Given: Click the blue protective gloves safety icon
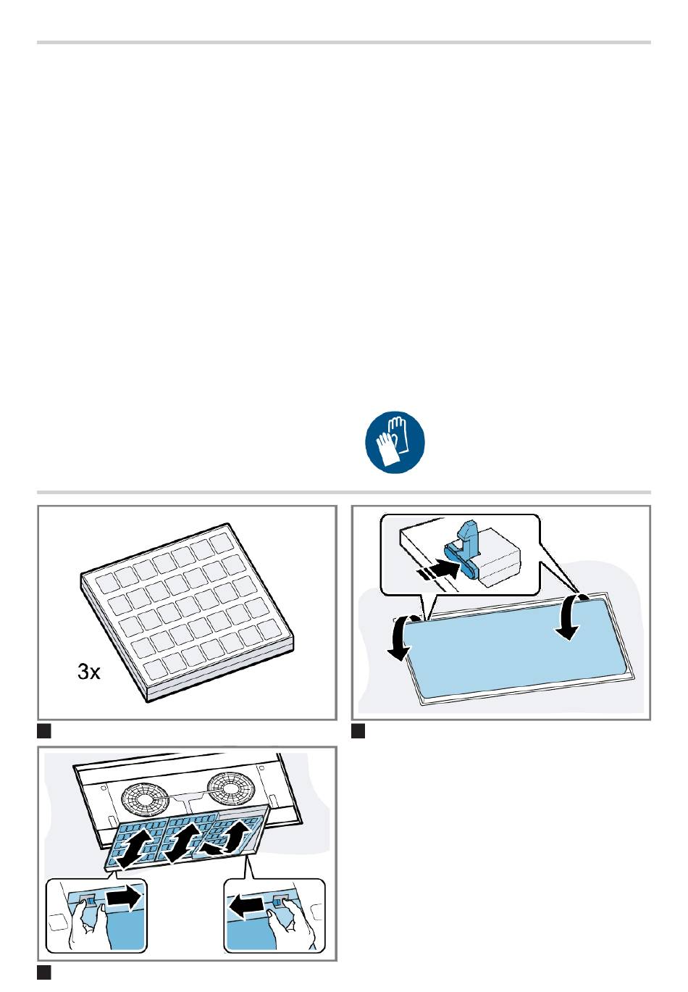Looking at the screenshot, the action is coord(395,441).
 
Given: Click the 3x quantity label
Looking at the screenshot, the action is coord(88,672).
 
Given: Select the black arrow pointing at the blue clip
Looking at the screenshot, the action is coord(438,572).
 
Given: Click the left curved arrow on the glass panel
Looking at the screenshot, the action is coord(402,638).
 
